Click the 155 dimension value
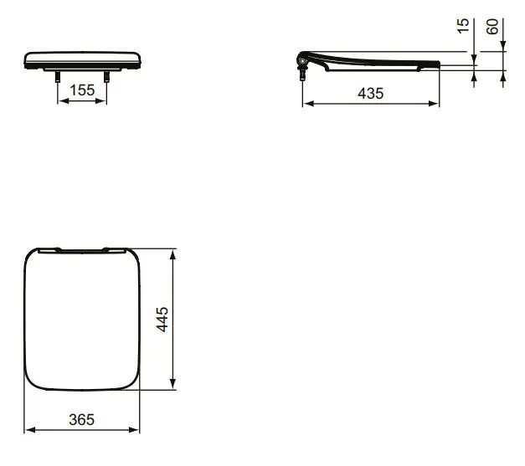(82, 90)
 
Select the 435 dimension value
(371, 94)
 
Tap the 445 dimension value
(162, 319)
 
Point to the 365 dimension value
(82, 419)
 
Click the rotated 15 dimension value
(463, 26)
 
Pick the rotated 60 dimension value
(492, 27)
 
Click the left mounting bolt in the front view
(58, 77)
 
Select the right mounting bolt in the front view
(106, 77)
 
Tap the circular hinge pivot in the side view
(302, 62)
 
